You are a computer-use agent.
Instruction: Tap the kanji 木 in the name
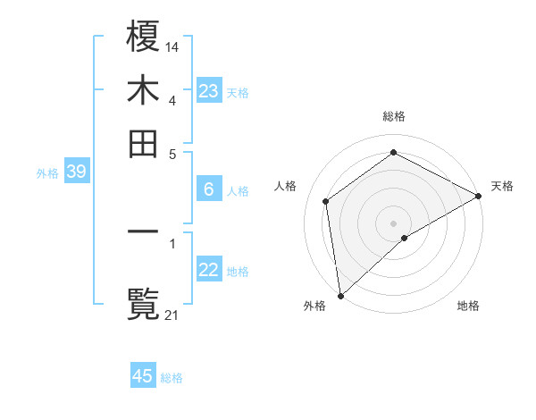143,90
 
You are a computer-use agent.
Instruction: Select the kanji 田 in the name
143,144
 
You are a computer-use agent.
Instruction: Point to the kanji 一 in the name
143,231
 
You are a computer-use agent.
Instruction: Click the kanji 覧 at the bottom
143,305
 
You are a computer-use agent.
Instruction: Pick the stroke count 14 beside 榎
172,46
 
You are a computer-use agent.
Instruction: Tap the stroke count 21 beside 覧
172,314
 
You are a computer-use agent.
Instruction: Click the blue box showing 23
208,91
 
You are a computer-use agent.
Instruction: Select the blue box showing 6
208,189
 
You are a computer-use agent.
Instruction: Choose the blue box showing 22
208,270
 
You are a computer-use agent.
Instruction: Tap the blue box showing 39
76,172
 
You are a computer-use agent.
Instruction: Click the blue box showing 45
143,376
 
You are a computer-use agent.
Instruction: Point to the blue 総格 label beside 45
172,378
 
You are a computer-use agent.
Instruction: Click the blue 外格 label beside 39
46,173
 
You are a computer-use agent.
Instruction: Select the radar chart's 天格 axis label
502,186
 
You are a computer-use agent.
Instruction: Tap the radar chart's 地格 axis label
468,306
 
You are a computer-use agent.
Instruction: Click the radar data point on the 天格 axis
478,197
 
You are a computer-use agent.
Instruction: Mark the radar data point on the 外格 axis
340,296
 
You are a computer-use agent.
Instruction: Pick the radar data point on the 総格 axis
393,152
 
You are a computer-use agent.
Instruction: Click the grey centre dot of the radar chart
393,223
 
